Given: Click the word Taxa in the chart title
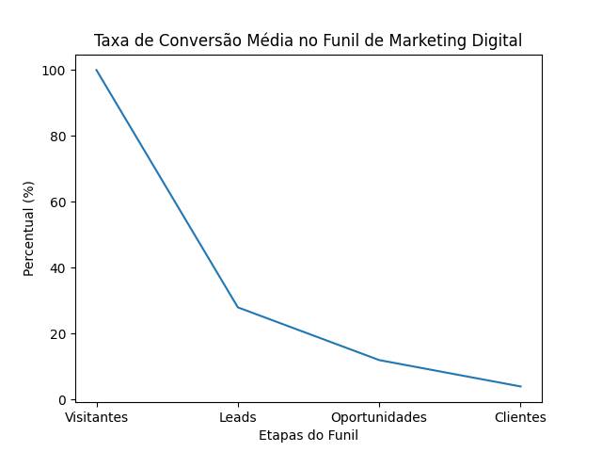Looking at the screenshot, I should click(x=110, y=40).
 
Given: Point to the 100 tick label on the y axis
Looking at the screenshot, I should click(x=53, y=71).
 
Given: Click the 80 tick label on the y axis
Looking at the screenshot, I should click(x=56, y=137).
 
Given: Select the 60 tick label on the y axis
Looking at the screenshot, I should click(x=56, y=202).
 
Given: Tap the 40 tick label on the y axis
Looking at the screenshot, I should click(x=56, y=268).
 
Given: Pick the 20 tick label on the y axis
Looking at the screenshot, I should click(x=56, y=334).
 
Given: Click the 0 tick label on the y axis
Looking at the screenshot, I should click(x=60, y=400).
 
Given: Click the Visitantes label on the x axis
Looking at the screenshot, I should click(x=97, y=417).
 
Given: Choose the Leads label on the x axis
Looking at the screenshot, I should click(x=238, y=417).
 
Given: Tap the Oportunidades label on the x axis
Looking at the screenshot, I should click(x=379, y=417).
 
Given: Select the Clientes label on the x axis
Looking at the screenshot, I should click(x=520, y=417).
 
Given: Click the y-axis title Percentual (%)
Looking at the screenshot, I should click(x=28, y=229).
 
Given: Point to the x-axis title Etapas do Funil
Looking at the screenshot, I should click(x=309, y=435).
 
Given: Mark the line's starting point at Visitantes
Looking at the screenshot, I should click(x=97, y=71).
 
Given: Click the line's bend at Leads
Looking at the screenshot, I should click(x=238, y=307).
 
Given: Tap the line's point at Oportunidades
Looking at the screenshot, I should click(x=379, y=360).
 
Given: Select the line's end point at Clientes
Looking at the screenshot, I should click(x=520, y=386).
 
